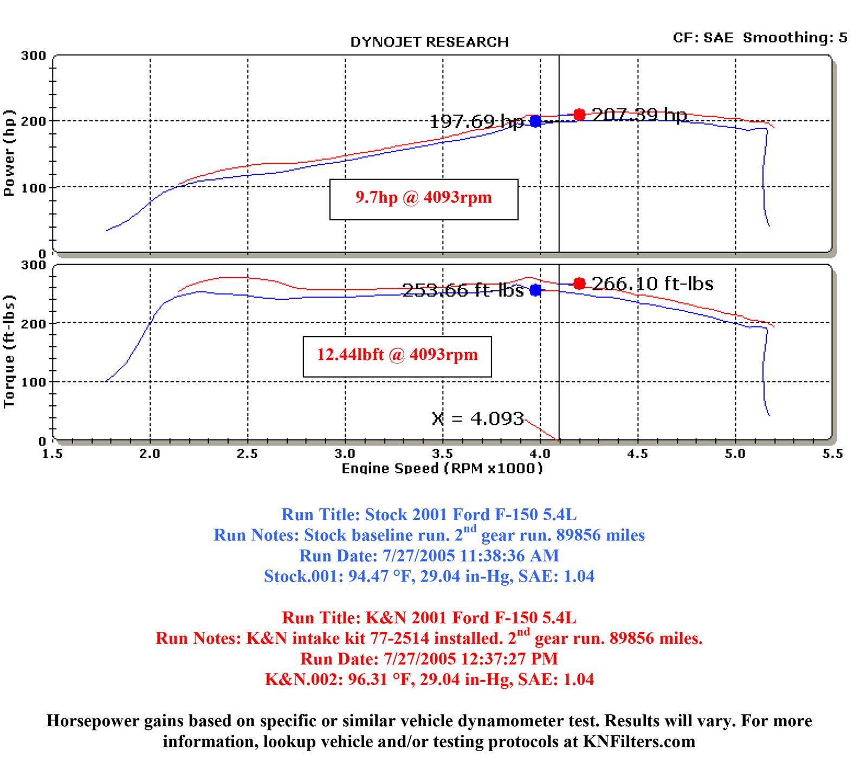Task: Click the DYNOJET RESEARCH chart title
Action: (x=429, y=42)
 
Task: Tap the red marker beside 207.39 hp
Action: (x=579, y=114)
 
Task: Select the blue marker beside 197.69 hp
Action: (x=535, y=121)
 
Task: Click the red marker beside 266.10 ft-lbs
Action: (x=579, y=283)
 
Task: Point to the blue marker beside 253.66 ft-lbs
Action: (x=535, y=290)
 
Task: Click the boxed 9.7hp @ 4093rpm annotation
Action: (x=424, y=197)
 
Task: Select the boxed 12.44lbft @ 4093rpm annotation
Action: (x=397, y=355)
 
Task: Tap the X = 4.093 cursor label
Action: (x=478, y=418)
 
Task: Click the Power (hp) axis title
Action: (x=9, y=153)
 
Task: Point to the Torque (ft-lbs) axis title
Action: (x=9, y=352)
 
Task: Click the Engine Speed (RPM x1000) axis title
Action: (x=442, y=468)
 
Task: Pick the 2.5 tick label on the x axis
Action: (x=247, y=454)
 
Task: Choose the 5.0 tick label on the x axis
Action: (x=735, y=454)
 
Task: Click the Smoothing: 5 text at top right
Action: (x=795, y=37)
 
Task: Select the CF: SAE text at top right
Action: (x=703, y=37)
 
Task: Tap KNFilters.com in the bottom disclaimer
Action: (x=639, y=741)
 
